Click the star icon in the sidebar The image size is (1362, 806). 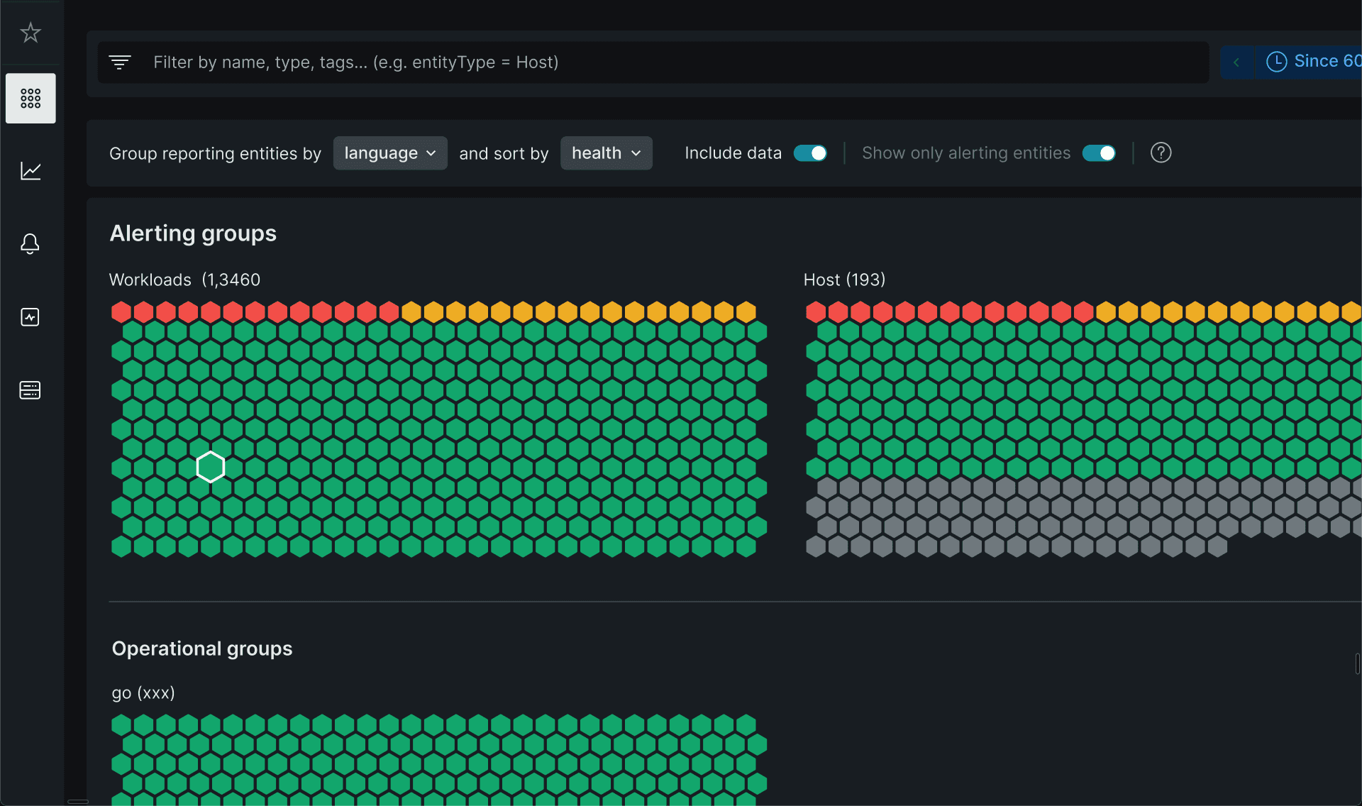(x=31, y=32)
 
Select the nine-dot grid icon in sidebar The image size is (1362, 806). (x=31, y=98)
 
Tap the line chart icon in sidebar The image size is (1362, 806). (x=31, y=171)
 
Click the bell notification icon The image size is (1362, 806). (x=30, y=243)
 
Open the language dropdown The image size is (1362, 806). (x=390, y=153)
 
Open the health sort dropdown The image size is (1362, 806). (x=607, y=153)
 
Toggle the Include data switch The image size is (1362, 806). (x=810, y=153)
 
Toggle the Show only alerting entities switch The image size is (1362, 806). (x=1099, y=153)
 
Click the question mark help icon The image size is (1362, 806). (x=1161, y=153)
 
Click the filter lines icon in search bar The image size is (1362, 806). (x=120, y=62)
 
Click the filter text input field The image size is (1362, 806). (x=653, y=62)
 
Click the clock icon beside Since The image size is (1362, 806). (x=1276, y=62)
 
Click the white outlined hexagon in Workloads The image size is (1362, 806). (x=211, y=467)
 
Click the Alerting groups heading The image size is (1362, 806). (x=193, y=233)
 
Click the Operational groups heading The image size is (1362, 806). (x=202, y=648)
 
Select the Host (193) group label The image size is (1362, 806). (x=844, y=280)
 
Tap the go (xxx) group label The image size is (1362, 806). (x=143, y=692)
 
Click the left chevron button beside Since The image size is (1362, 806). (x=1236, y=62)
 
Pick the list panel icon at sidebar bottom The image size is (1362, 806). (x=30, y=390)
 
